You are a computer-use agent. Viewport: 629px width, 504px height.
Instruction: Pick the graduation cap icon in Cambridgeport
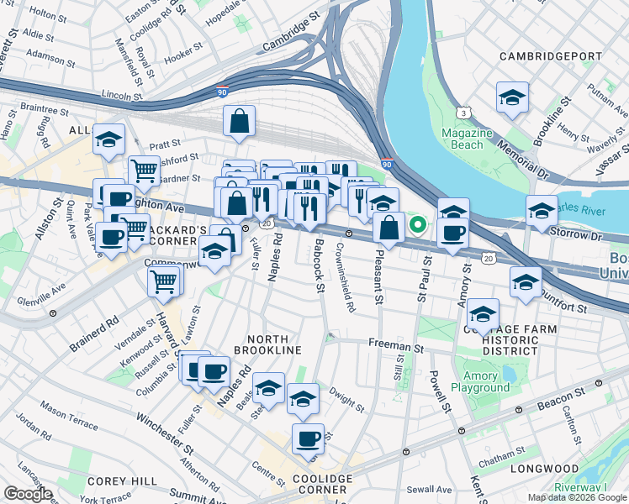coord(512,97)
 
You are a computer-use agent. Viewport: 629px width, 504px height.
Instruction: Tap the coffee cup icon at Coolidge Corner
coord(309,438)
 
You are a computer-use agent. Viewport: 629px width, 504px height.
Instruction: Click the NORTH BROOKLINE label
coord(268,343)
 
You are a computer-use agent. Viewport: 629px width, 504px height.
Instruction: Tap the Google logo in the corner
coord(27,494)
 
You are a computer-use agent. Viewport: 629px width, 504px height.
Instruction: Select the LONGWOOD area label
coord(552,469)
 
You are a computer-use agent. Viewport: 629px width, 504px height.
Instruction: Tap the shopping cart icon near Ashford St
coord(145,170)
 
